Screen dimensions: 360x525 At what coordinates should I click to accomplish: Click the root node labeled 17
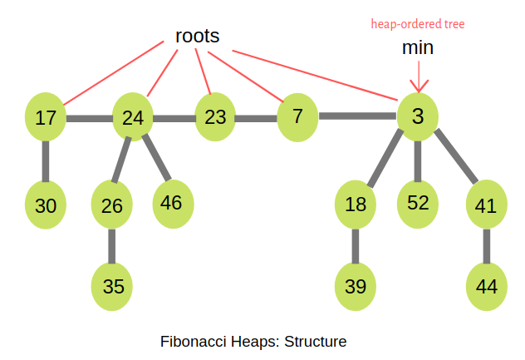click(46, 118)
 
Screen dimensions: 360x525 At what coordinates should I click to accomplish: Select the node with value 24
click(133, 118)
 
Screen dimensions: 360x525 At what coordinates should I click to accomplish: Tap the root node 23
click(215, 116)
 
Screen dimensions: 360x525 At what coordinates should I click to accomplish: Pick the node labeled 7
click(297, 115)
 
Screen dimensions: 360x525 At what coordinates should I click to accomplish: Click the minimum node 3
click(418, 116)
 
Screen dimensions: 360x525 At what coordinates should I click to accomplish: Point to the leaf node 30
click(46, 205)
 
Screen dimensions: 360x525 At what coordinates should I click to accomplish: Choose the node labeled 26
click(112, 205)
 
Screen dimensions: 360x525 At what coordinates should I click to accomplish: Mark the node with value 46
click(172, 202)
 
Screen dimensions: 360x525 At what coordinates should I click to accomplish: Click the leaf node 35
click(112, 286)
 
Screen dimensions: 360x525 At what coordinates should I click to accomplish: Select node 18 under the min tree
click(356, 205)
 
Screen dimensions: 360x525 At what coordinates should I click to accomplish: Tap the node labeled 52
click(418, 203)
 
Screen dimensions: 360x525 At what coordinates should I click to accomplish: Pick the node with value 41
click(487, 205)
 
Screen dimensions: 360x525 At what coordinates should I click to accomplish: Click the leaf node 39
click(356, 286)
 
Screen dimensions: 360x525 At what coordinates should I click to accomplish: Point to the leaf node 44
click(487, 286)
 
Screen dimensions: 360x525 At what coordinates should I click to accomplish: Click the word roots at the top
click(197, 36)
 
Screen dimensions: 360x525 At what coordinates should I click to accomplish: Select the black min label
click(418, 48)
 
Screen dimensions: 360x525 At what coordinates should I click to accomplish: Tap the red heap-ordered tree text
click(418, 24)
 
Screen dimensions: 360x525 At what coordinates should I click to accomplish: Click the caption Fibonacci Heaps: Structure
click(253, 341)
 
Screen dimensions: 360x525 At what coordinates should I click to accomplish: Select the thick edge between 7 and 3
click(357, 116)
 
